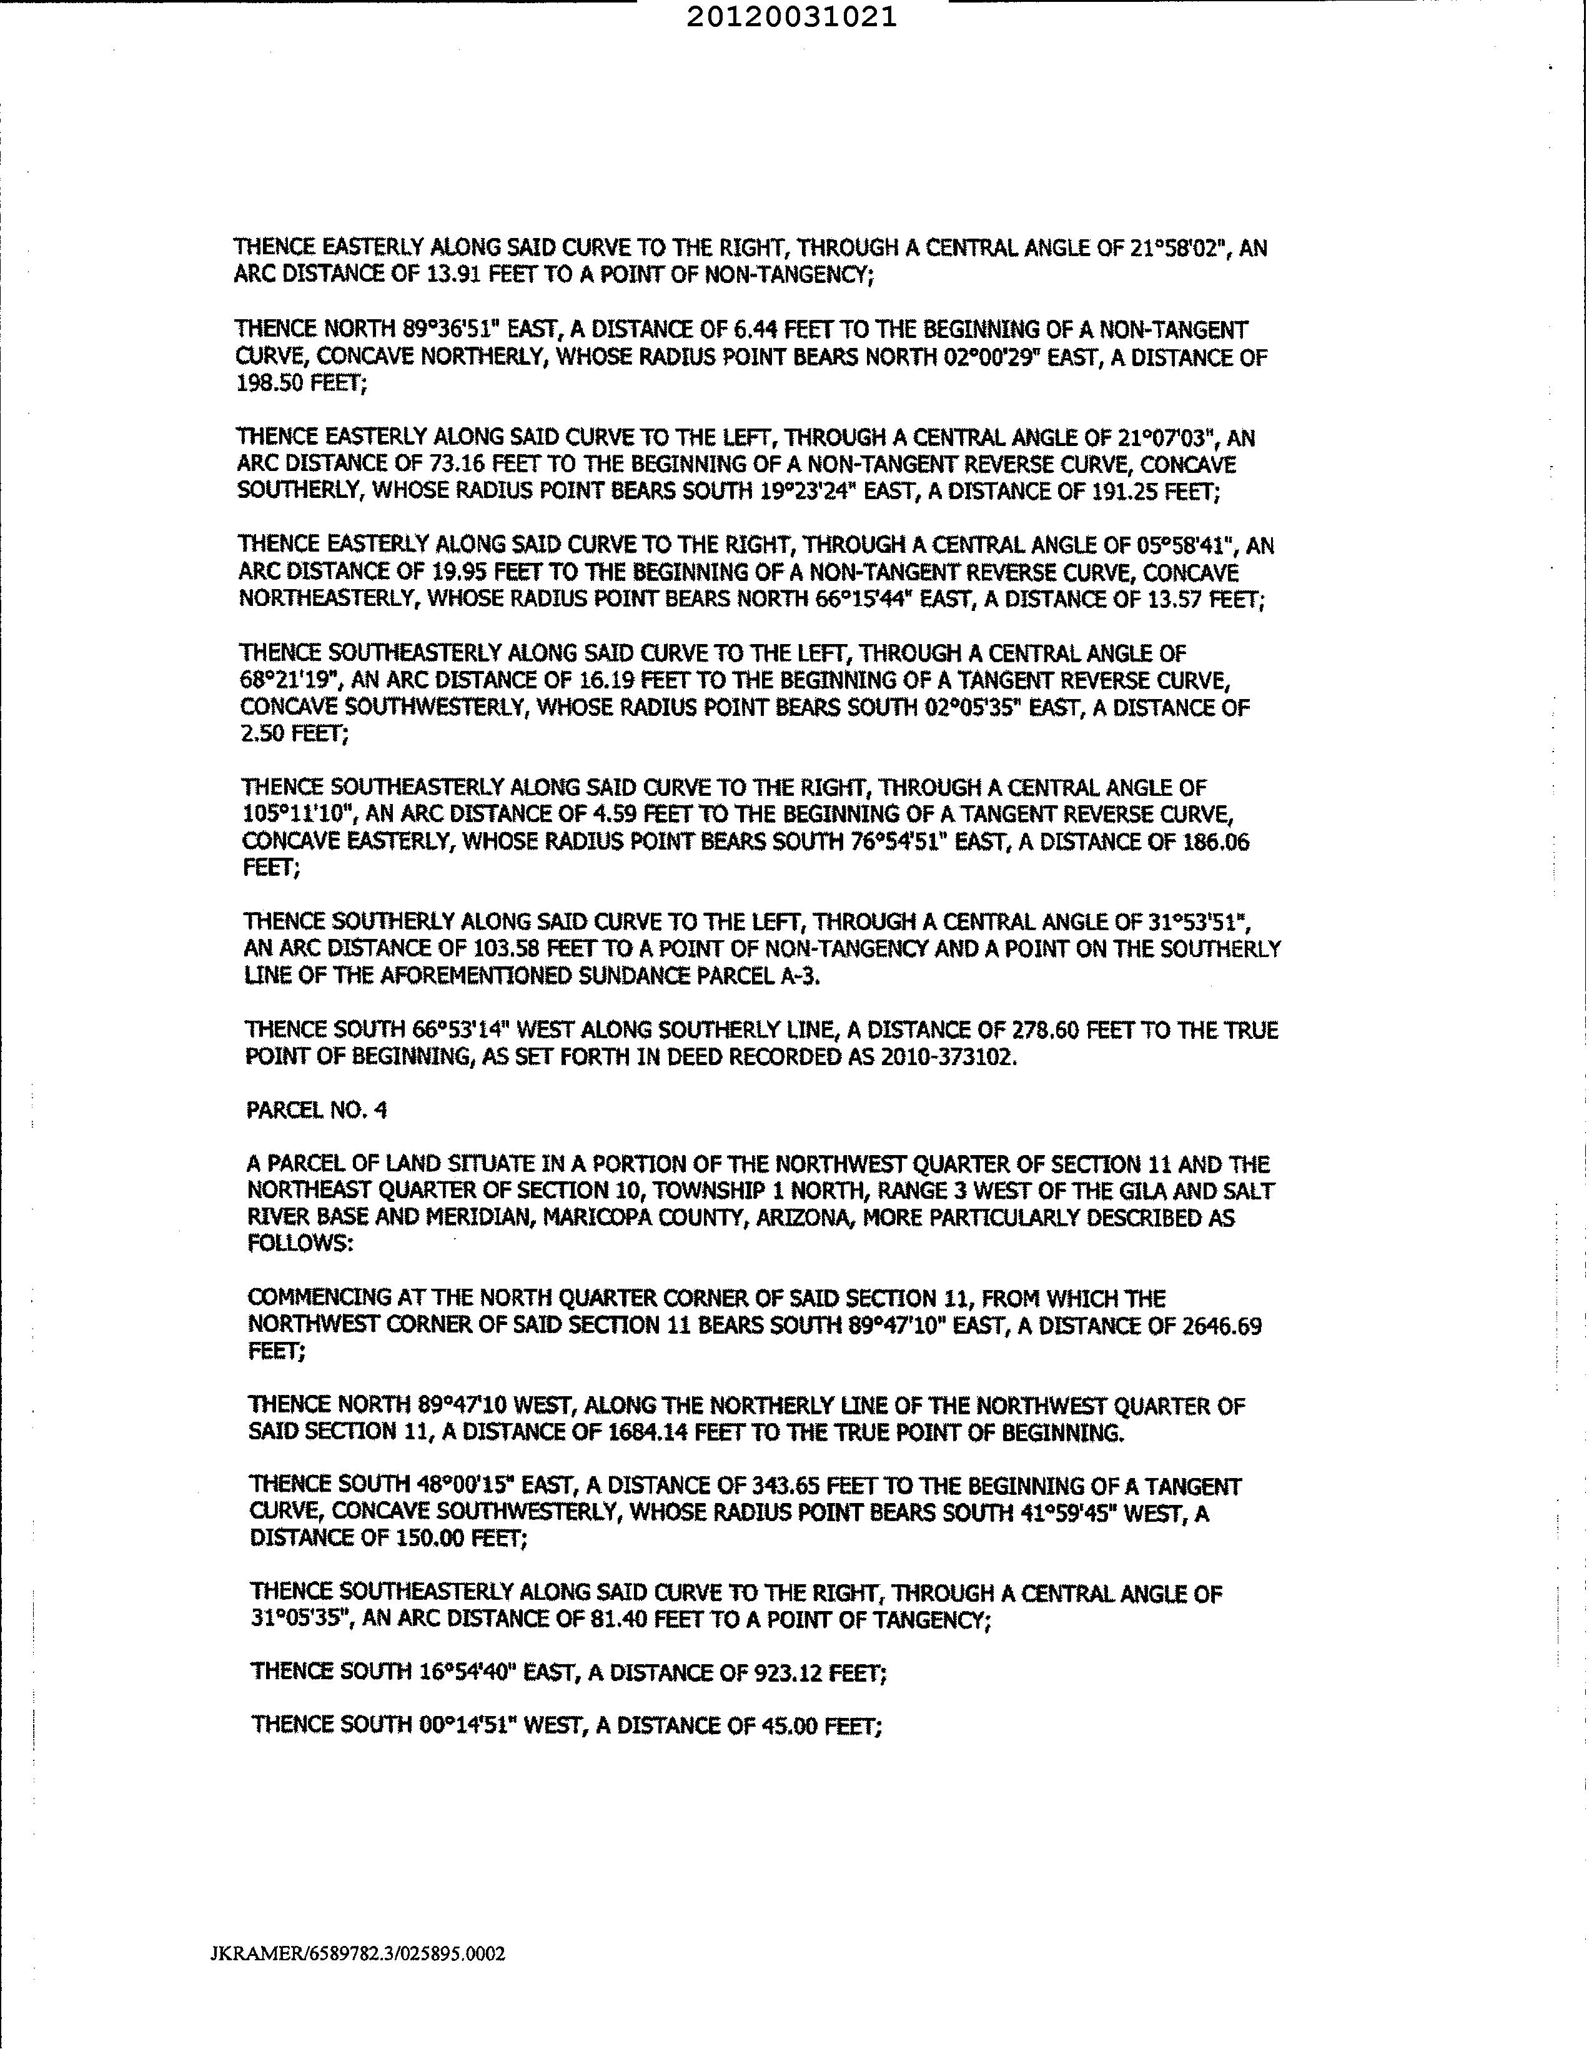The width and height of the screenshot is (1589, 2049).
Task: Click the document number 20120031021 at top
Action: coord(791,17)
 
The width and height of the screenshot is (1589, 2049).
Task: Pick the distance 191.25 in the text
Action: coord(1126,492)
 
